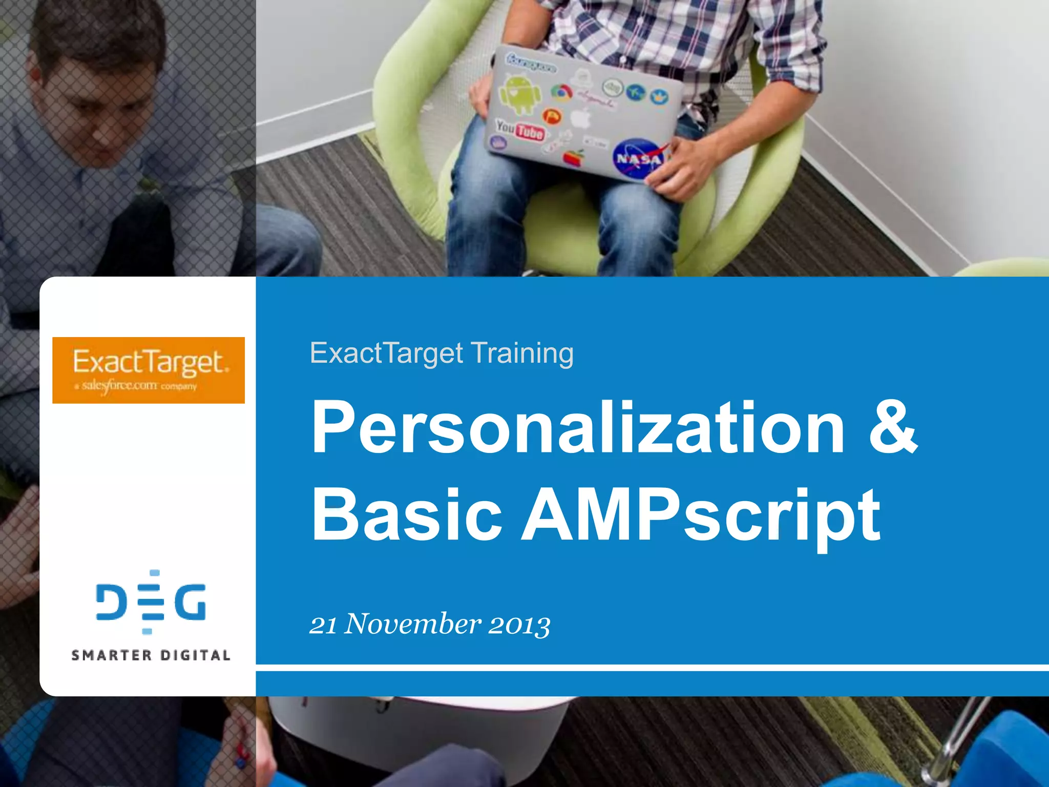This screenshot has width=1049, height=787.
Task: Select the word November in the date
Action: coord(412,624)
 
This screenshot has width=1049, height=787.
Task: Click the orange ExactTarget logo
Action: coord(149,370)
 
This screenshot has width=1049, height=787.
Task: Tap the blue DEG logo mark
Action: coord(151,602)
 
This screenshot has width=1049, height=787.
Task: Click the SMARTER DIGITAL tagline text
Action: coord(151,655)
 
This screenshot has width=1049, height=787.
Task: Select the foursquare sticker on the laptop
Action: coord(531,62)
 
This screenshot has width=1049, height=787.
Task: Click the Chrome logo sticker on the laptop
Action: coord(561,93)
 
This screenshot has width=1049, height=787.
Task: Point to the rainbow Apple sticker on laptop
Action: coord(575,157)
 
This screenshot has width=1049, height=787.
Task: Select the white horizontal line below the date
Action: coord(651,668)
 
